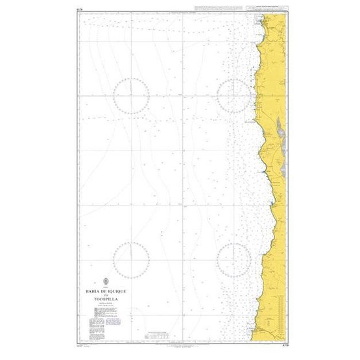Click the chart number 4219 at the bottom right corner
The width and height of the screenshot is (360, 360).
[x=280, y=346]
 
